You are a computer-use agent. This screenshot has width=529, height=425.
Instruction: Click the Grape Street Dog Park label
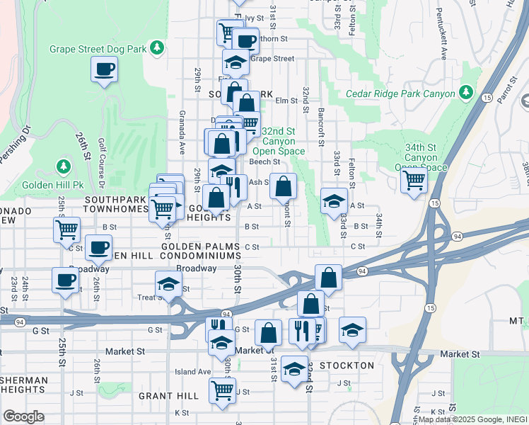click(98, 49)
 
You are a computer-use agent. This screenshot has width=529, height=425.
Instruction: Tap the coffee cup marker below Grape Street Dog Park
click(104, 69)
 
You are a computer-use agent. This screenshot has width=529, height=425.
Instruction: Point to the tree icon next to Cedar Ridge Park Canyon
click(465, 92)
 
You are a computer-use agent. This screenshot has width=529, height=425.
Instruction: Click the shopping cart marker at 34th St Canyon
click(414, 179)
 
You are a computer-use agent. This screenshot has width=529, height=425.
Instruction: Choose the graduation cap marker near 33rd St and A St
click(334, 201)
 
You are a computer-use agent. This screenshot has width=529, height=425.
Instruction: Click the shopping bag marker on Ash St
click(283, 186)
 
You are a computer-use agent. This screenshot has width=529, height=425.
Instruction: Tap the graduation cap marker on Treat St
click(168, 284)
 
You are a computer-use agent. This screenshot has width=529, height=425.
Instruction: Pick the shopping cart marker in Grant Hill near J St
click(222, 390)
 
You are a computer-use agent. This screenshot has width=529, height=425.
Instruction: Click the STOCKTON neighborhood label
click(347, 365)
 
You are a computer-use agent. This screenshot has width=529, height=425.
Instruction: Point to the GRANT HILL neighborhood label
click(168, 395)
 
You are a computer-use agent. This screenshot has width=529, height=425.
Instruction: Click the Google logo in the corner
click(23, 416)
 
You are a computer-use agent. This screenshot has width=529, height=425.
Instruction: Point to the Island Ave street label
click(193, 371)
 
